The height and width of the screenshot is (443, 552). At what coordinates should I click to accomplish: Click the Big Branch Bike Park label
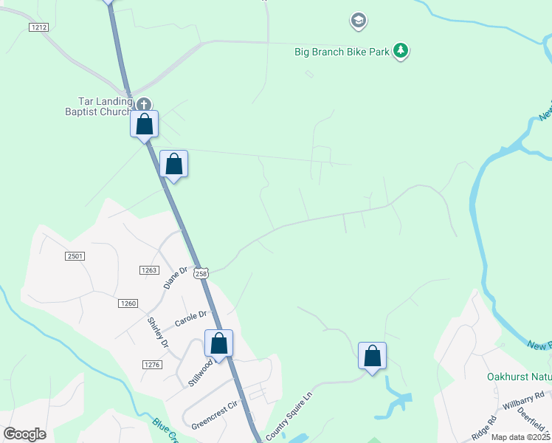pos(342,52)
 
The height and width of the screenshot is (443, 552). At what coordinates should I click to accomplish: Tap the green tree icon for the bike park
pos(401,51)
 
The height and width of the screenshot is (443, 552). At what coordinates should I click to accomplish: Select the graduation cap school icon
pos(358,20)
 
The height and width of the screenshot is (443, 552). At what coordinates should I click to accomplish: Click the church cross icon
pos(143,105)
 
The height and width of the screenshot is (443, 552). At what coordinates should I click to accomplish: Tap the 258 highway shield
pos(201,273)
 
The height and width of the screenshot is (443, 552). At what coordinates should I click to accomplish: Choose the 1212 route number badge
pos(39,27)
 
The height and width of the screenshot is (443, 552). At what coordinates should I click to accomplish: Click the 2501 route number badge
pos(75,255)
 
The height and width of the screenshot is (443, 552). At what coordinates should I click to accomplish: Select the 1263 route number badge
pos(149,270)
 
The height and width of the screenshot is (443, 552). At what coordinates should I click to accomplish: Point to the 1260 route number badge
pos(128,303)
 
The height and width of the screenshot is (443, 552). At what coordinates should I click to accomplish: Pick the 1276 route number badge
pos(152,365)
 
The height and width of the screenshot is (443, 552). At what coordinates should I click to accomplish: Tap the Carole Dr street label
pos(190,319)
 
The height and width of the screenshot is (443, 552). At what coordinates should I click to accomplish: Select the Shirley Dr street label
pos(158,333)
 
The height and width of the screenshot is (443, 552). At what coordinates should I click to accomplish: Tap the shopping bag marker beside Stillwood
pos(218,343)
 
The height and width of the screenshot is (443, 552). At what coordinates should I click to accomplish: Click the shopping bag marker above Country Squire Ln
pos(373,356)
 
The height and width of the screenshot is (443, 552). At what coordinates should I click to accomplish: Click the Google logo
pos(24,433)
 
